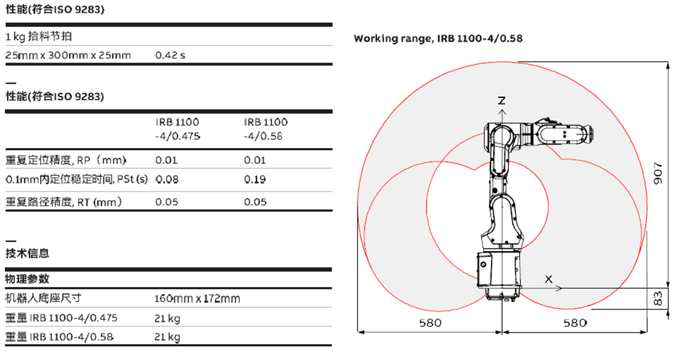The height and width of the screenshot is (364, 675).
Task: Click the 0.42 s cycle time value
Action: pyautogui.click(x=170, y=55)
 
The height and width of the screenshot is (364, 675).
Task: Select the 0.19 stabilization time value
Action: pyautogui.click(x=255, y=179)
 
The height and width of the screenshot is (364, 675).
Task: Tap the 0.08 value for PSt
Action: pyautogui.click(x=166, y=179)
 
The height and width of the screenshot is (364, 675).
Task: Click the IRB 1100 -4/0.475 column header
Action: pyautogui.click(x=178, y=129)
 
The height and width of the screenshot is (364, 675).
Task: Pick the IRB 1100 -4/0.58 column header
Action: pyautogui.click(x=265, y=129)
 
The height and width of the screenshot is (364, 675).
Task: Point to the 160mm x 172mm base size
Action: pyautogui.click(x=197, y=298)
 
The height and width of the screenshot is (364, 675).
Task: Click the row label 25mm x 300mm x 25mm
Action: pyautogui.click(x=68, y=55)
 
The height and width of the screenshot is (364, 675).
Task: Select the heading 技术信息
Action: pyautogui.click(x=27, y=254)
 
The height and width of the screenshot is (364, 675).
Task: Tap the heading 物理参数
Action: pyautogui.click(x=27, y=278)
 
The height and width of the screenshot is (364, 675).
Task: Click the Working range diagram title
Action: pyautogui.click(x=438, y=38)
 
